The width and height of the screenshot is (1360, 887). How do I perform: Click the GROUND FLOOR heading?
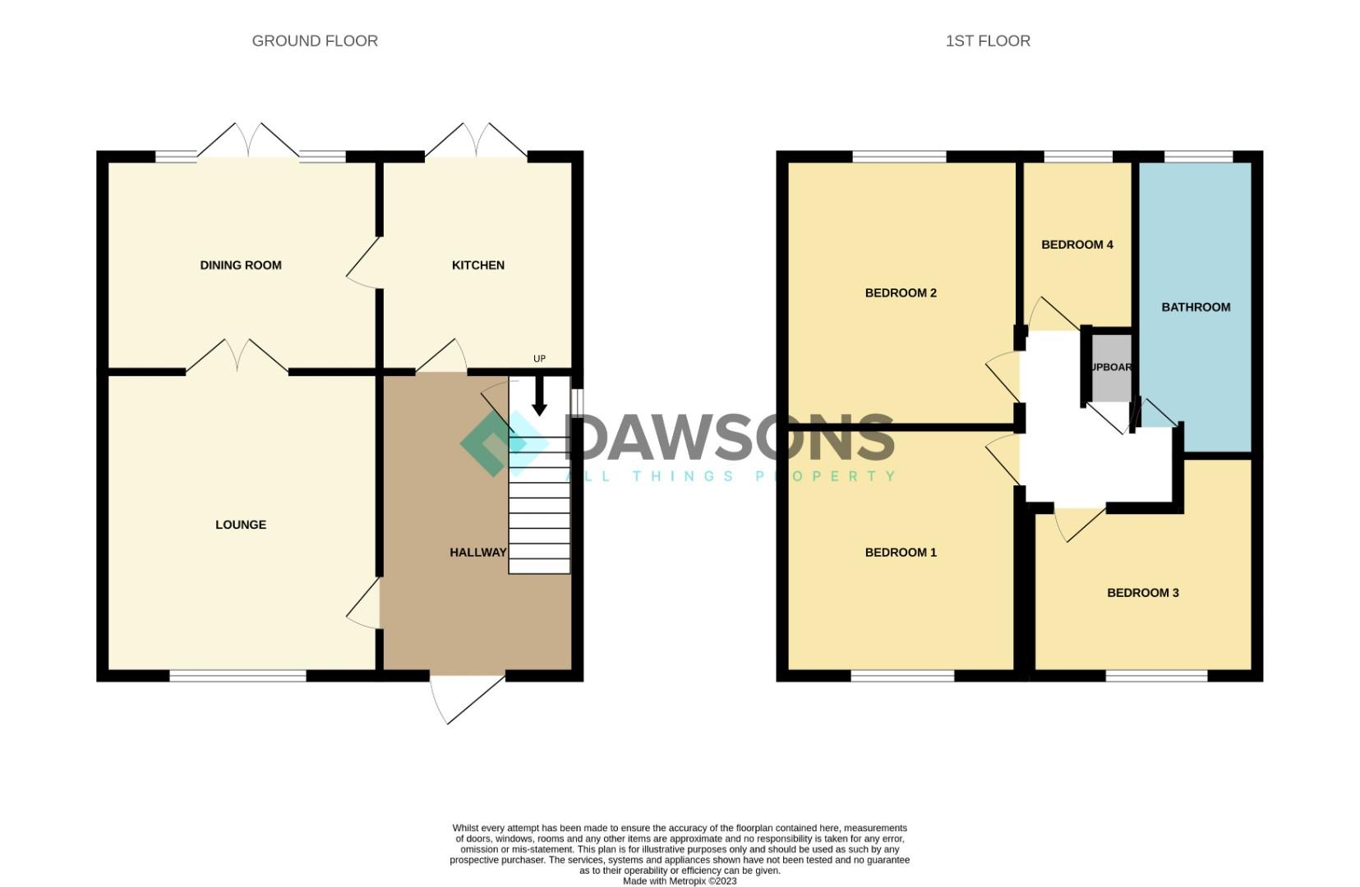click(315, 41)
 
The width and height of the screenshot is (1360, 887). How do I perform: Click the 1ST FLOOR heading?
click(988, 41)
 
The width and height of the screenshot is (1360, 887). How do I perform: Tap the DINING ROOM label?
click(241, 265)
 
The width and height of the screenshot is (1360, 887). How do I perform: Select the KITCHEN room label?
click(478, 265)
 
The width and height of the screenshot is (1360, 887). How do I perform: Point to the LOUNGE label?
click(241, 525)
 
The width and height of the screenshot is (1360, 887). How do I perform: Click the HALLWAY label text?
click(477, 553)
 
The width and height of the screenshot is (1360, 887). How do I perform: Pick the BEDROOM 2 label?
click(901, 293)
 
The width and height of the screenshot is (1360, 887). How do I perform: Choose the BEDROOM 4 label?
click(1076, 245)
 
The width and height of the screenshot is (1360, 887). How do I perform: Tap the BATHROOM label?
click(1196, 307)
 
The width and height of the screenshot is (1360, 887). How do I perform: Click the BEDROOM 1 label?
click(901, 553)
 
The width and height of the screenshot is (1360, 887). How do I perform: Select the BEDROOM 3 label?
click(1142, 593)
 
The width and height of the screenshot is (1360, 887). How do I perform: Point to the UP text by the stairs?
click(539, 359)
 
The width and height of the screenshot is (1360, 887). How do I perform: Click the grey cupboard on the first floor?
click(1111, 368)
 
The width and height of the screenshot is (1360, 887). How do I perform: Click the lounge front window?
click(238, 676)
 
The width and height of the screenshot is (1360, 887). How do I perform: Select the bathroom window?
click(1198, 156)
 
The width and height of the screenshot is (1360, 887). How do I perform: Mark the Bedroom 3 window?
click(1156, 676)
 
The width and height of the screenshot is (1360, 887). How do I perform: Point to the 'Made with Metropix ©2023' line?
click(680, 881)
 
